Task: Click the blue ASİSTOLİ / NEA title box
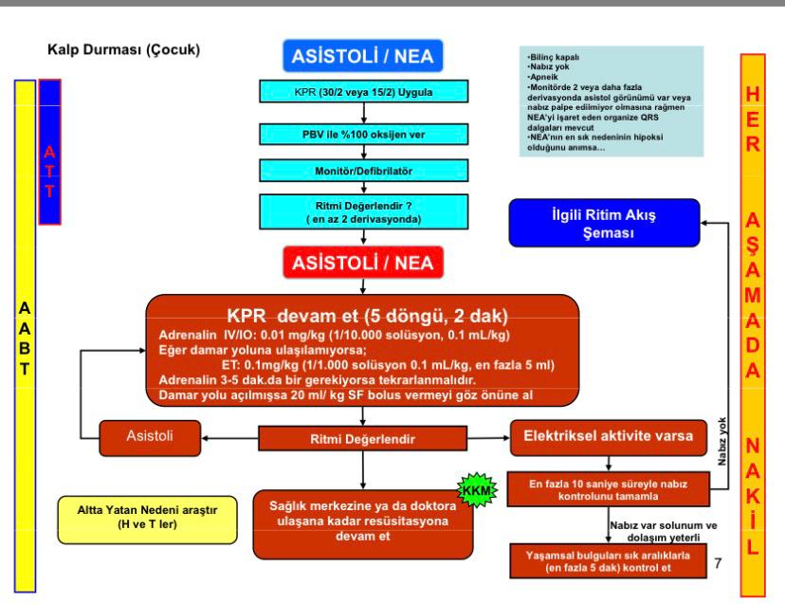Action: coord(363,56)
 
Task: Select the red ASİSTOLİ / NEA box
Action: coord(363,263)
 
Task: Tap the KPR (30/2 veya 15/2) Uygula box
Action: coord(363,92)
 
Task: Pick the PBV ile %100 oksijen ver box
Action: coord(363,135)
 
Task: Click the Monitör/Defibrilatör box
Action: coord(363,171)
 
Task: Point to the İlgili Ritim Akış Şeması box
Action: coord(604,223)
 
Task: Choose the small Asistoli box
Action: coord(150,437)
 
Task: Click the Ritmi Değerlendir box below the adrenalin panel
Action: coord(362,439)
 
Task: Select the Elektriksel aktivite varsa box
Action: coord(609,437)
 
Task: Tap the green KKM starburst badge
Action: coord(477,490)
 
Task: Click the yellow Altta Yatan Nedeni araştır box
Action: coord(147,520)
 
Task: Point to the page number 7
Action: coord(718,563)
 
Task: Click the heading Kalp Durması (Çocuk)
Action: coord(123,49)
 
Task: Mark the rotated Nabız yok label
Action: coord(721,441)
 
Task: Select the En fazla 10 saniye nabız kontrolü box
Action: coord(609,489)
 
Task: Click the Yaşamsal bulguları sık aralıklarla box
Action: coord(609,561)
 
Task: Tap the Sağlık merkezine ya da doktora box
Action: coord(363,523)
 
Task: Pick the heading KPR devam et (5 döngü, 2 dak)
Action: coord(367,316)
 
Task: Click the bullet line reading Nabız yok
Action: coord(548,66)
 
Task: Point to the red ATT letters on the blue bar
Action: coord(49,171)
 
